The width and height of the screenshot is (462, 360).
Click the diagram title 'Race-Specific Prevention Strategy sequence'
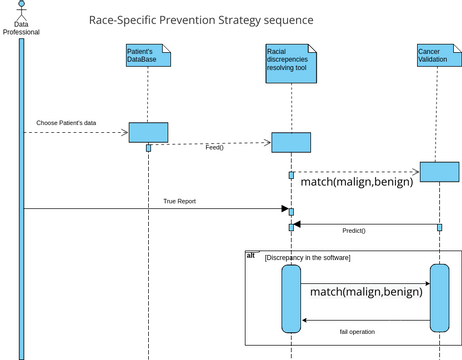coord(201,20)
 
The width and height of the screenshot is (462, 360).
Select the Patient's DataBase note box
coord(148,56)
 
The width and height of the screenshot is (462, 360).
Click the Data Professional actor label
coord(21,27)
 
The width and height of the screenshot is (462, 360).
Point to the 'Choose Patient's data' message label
coord(66,123)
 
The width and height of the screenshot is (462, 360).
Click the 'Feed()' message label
coord(214,149)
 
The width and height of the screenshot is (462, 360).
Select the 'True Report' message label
coord(180,201)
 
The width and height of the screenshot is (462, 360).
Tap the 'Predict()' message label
coord(354,231)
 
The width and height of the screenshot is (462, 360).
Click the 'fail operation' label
coord(357,331)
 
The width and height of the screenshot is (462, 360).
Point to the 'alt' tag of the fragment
coord(251,256)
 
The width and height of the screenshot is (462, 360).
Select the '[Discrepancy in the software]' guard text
coord(307,258)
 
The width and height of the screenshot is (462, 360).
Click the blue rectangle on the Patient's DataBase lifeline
coord(148,133)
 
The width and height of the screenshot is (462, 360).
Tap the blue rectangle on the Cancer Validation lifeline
coord(439,172)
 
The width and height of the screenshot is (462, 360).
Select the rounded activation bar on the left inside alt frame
coord(291,297)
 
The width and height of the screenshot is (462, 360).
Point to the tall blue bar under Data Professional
coord(21,200)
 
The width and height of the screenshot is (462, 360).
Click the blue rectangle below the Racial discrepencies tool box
coord(291,142)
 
